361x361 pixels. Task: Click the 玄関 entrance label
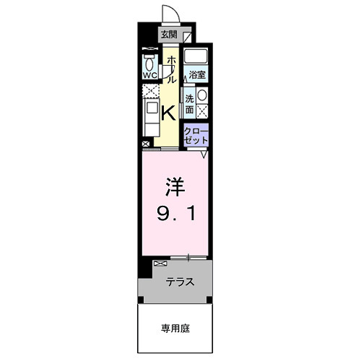click(168, 34)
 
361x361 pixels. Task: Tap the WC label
click(150, 74)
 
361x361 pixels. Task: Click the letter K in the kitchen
click(167, 113)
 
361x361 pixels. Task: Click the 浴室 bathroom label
click(196, 74)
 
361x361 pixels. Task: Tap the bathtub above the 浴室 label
click(196, 56)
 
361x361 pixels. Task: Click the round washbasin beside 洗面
click(202, 97)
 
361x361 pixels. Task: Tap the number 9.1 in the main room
click(177, 214)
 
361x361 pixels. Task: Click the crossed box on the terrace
click(159, 264)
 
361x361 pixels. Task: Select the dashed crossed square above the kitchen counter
click(150, 92)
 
